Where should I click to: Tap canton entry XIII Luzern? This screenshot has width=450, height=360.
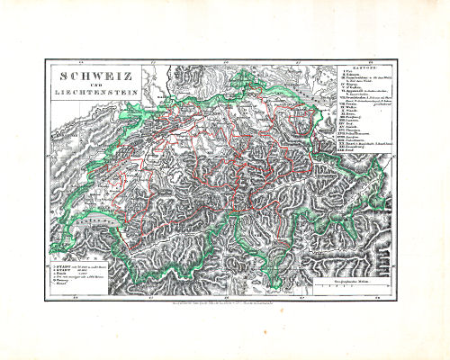pyautogui.click(x=350, y=139)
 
